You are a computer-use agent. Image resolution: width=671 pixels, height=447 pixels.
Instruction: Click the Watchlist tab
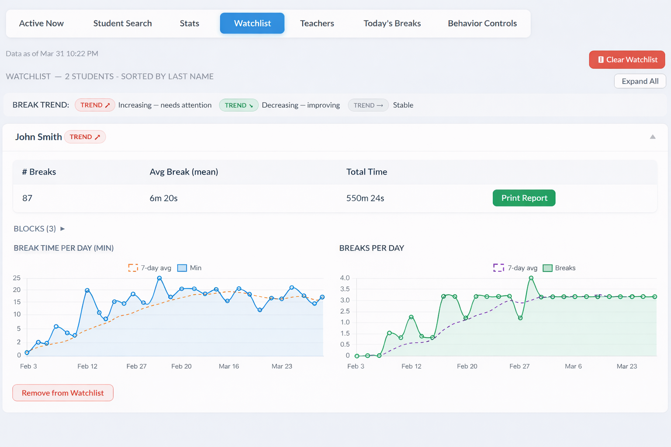point(252,23)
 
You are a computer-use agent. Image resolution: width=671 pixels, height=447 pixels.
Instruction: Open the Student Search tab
point(122,23)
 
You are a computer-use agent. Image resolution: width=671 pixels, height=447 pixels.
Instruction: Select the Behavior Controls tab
point(482,23)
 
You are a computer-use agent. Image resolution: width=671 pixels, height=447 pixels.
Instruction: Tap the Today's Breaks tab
point(392,23)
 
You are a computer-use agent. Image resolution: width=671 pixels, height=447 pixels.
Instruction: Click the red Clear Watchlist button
point(627,60)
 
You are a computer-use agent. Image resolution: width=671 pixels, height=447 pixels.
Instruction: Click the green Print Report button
point(524,198)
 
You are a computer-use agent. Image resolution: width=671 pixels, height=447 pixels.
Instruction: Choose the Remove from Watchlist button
point(63,393)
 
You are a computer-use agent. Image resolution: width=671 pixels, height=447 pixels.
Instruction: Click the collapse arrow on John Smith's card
point(653,137)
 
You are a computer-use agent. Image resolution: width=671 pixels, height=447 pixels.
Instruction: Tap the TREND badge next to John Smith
point(85,137)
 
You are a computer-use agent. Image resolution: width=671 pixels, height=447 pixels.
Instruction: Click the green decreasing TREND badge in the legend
point(239,105)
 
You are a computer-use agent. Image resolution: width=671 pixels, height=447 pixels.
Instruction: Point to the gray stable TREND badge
point(368,105)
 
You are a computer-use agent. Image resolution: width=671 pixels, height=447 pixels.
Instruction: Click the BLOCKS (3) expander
point(39,229)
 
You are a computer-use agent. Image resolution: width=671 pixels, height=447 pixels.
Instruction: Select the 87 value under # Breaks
point(27,198)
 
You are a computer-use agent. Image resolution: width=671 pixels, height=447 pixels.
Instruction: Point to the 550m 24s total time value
point(365,198)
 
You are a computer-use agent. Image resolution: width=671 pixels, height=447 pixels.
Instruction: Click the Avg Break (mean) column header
point(183,172)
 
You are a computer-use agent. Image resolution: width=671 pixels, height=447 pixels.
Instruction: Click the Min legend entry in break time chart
point(190,268)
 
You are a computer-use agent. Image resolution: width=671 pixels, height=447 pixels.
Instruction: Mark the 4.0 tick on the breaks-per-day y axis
point(345,278)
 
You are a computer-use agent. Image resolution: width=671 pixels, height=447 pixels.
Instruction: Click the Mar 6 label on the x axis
point(573,366)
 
